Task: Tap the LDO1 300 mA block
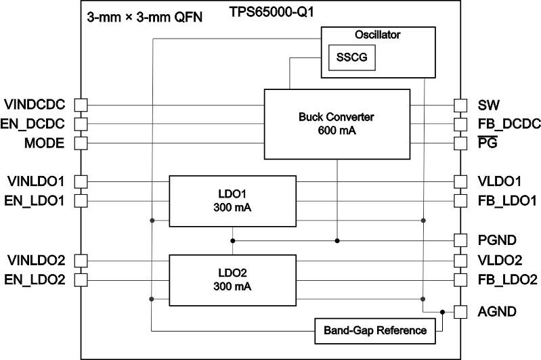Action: point(232,201)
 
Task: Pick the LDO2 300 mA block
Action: point(232,279)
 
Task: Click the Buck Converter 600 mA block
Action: point(336,123)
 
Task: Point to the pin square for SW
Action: point(460,105)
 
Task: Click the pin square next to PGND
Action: point(460,240)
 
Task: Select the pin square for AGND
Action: point(460,312)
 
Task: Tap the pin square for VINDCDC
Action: point(81,105)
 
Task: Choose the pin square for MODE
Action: point(81,143)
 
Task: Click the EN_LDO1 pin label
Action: point(35,200)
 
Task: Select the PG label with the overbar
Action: point(488,143)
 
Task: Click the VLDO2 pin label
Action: point(500,260)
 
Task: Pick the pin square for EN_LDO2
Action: point(81,279)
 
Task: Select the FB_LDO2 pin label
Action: point(507,279)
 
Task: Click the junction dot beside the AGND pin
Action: point(442,312)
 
